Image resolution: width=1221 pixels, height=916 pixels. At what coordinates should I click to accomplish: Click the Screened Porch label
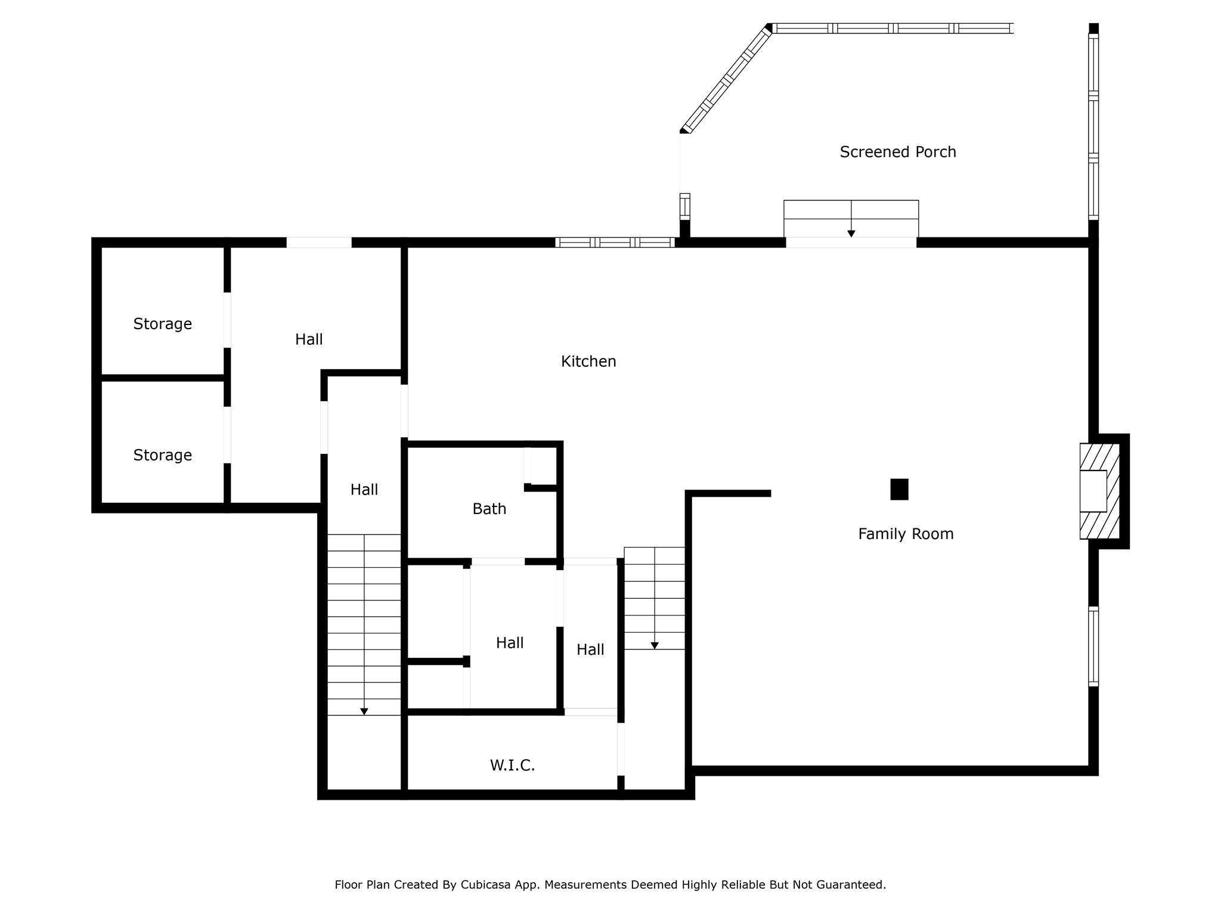click(898, 152)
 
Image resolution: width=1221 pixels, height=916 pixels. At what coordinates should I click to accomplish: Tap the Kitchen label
click(588, 361)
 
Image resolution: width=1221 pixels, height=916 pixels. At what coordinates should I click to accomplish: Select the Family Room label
click(906, 534)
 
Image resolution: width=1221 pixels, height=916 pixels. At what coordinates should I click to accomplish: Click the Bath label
click(489, 509)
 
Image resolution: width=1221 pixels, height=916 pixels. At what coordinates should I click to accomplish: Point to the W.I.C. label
click(513, 765)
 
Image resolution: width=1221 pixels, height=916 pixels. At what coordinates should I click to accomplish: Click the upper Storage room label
click(163, 324)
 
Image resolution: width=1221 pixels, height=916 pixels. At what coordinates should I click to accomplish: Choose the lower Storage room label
click(163, 455)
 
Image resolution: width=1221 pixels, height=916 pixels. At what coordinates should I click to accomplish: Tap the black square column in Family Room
click(899, 489)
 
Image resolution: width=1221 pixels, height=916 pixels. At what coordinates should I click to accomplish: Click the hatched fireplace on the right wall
click(1099, 491)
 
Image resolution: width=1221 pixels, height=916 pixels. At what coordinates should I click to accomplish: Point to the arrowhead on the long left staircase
click(364, 711)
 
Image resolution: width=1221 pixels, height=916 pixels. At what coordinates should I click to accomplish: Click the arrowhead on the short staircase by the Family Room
click(655, 645)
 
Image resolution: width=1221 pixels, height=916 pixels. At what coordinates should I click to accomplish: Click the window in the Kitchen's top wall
click(615, 242)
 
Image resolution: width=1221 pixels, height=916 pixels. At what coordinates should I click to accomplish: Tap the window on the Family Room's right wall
click(1093, 646)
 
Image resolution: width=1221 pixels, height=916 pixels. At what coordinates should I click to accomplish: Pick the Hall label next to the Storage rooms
click(309, 339)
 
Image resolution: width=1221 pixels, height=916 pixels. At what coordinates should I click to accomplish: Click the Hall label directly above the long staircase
click(364, 490)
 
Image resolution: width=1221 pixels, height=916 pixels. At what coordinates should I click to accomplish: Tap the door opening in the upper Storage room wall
click(227, 320)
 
